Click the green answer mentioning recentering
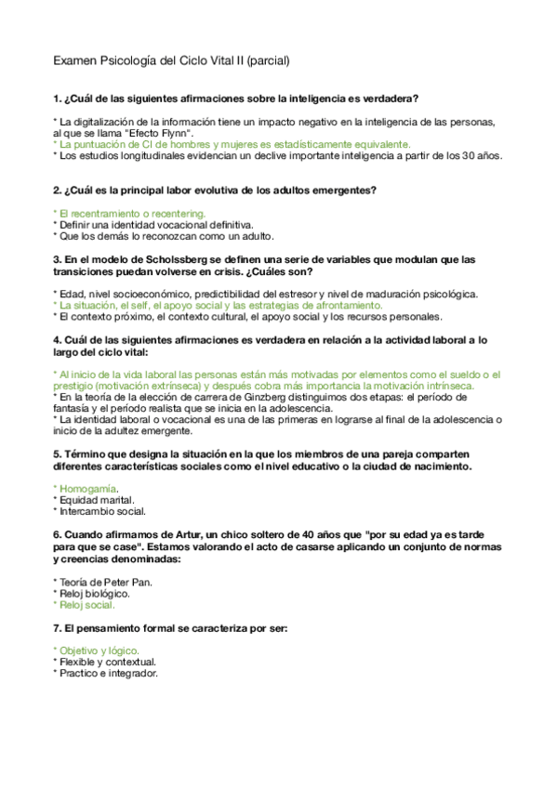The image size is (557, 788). coord(130,214)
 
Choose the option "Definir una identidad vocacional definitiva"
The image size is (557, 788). coord(153,225)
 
